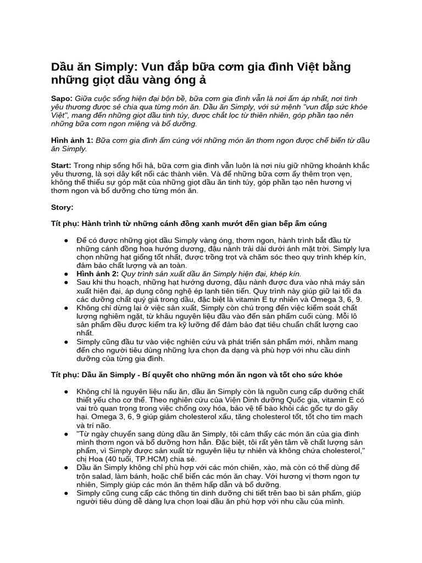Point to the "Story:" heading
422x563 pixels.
click(62, 207)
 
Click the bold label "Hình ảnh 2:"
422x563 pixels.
click(98, 273)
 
